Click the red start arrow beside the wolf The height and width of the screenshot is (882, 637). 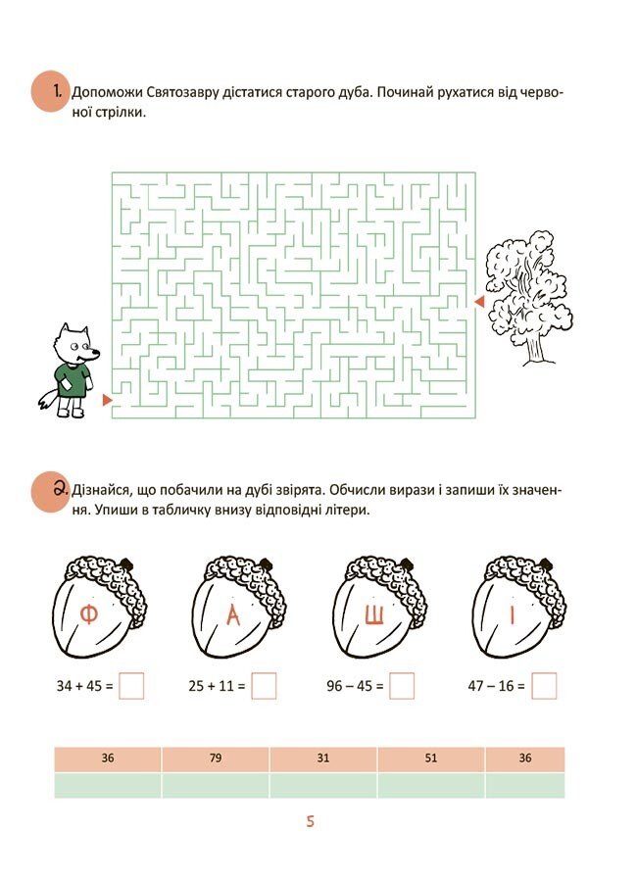[x=107, y=400]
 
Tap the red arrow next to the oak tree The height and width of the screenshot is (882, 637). [x=479, y=302]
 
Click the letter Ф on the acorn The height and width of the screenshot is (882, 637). [x=89, y=615]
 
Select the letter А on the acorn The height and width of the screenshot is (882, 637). [x=233, y=616]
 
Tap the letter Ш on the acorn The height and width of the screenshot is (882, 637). [x=374, y=616]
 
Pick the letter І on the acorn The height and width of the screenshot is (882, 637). [x=513, y=615]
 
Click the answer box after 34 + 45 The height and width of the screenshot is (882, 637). [x=131, y=686]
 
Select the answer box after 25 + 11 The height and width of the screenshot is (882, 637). [x=264, y=686]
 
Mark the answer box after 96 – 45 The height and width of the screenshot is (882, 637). [x=402, y=686]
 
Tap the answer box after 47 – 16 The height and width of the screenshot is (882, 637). [x=544, y=686]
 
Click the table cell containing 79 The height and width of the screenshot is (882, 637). [x=216, y=759]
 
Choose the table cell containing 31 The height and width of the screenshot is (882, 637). [x=323, y=759]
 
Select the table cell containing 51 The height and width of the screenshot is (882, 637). [x=431, y=759]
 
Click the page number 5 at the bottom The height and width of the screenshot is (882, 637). [x=310, y=822]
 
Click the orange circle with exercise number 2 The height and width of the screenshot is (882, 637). [x=50, y=491]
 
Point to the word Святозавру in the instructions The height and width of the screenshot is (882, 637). [x=176, y=92]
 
